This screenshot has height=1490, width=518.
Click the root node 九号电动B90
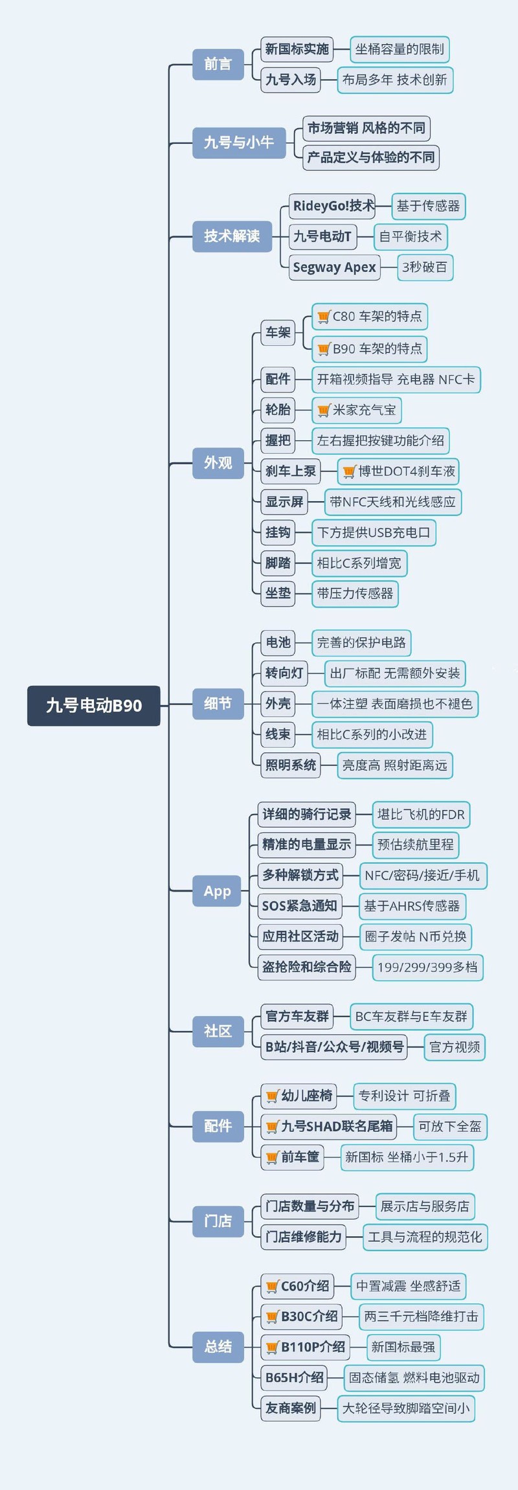93,705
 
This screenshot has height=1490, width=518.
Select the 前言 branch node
218,64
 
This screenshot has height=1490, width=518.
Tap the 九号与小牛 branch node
239,142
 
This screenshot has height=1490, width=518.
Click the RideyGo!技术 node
333,206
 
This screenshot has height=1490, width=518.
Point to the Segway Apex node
334,267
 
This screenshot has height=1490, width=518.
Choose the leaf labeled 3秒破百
424,267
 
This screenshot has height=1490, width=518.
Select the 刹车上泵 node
291,471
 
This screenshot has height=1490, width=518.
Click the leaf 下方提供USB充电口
374,532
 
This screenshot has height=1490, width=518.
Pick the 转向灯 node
284,673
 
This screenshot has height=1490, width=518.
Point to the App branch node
218,891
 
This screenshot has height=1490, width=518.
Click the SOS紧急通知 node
299,906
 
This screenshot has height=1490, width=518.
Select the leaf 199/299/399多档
427,967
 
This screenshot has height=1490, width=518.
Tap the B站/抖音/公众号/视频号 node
334,1046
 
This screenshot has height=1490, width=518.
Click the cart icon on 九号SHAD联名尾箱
272,1127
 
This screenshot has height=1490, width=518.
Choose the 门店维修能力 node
303,1237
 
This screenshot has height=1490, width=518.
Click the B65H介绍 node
294,1377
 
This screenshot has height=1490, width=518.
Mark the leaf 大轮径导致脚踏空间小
406,1408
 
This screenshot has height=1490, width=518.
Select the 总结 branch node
218,1346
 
